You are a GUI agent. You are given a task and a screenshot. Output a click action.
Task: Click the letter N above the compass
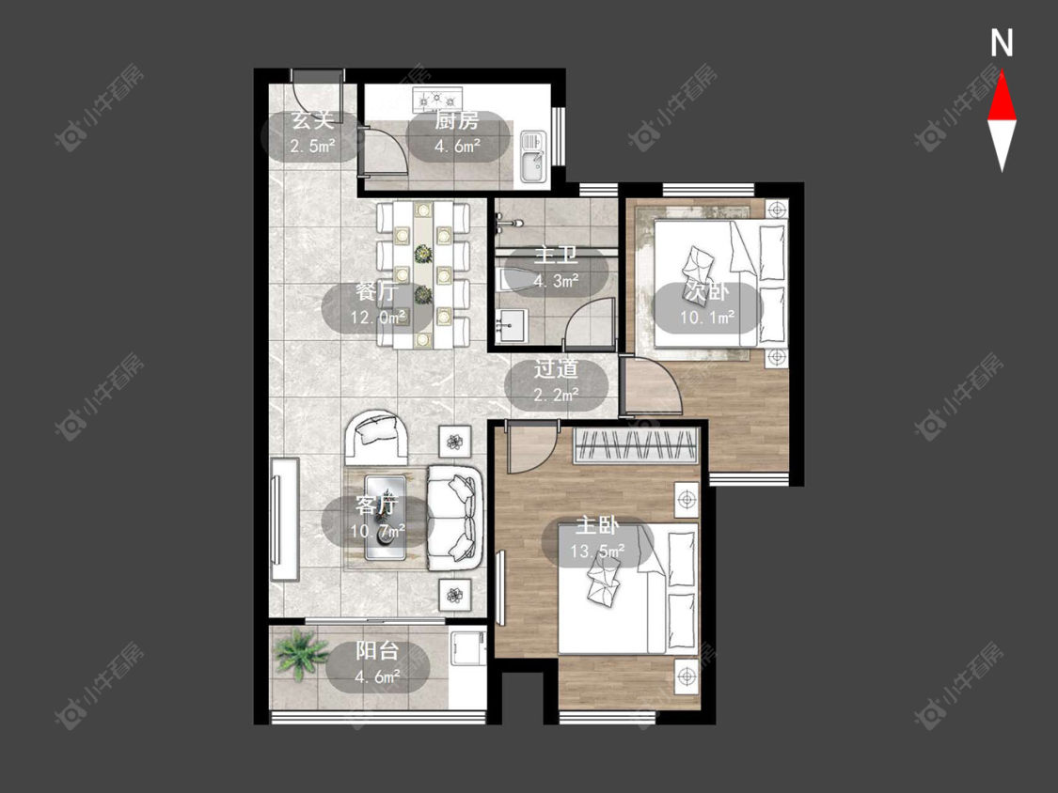pyautogui.click(x=1002, y=43)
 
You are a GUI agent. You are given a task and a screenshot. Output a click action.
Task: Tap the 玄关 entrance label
pyautogui.click(x=312, y=121)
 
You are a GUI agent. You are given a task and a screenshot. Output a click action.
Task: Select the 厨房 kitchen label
pyautogui.click(x=457, y=121)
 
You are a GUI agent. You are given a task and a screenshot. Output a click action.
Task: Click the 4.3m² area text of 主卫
pyautogui.click(x=557, y=281)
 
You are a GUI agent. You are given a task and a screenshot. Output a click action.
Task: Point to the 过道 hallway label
pyautogui.click(x=556, y=369)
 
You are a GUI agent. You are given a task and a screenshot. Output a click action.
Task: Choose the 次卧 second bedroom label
pyautogui.click(x=706, y=291)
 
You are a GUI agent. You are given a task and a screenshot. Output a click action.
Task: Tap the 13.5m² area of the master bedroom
pyautogui.click(x=597, y=551)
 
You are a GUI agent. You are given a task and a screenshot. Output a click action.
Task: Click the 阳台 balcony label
pyautogui.click(x=377, y=651)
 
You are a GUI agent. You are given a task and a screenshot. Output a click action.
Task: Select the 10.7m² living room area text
pyautogui.click(x=377, y=532)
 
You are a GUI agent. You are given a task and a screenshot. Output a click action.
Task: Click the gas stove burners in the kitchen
pyautogui.click(x=438, y=100)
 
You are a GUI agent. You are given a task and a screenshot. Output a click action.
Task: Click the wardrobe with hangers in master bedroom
pyautogui.click(x=635, y=445)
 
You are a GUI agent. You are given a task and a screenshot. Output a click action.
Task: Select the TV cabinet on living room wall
pyautogui.click(x=284, y=520)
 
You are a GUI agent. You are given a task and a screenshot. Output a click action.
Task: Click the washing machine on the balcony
pyautogui.click(x=467, y=668)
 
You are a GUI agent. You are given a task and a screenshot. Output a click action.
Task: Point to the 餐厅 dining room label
pyautogui.click(x=377, y=292)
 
